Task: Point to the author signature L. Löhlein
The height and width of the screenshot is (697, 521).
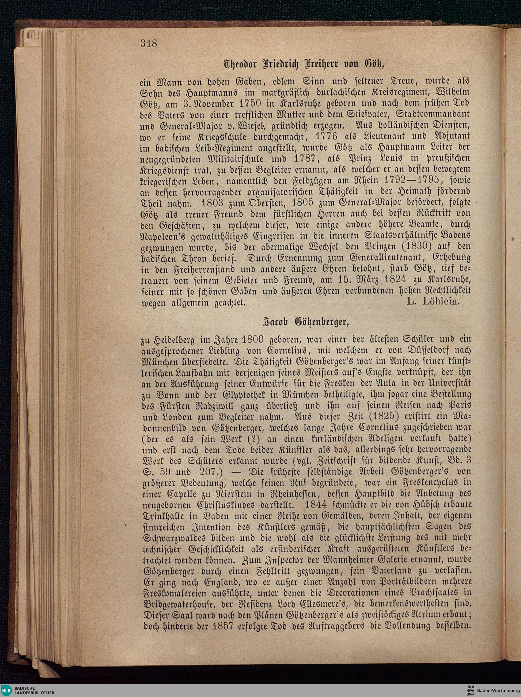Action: click(x=433, y=302)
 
